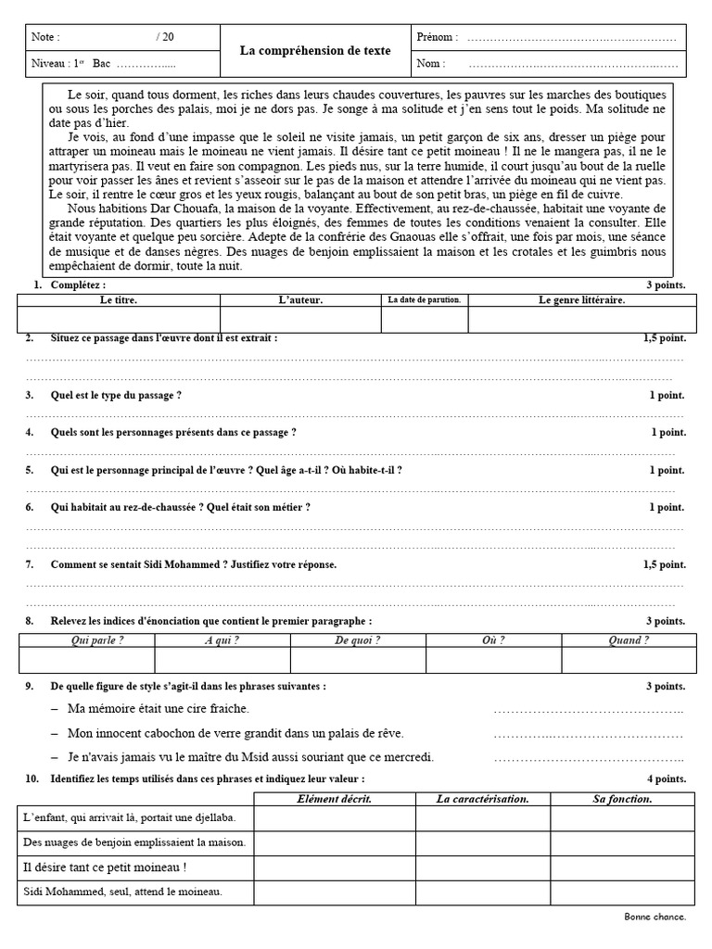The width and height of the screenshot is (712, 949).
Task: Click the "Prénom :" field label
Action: [437, 37]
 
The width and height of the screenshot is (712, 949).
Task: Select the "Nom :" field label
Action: [430, 64]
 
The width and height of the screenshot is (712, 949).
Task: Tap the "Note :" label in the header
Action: [45, 37]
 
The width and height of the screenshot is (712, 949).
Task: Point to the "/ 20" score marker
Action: [165, 37]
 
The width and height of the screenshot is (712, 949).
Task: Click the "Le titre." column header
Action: [119, 300]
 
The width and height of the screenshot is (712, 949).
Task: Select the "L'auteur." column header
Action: [300, 300]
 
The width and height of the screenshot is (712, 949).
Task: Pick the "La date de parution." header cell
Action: [425, 300]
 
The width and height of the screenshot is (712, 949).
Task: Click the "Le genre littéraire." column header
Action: [581, 300]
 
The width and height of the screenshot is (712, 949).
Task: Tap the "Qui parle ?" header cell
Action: [86, 640]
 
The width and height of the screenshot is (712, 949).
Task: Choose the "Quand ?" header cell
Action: [629, 640]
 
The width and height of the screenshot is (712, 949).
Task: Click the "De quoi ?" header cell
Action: [358, 640]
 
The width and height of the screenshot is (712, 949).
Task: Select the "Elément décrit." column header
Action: [335, 799]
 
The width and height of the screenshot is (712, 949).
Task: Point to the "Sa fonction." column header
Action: [622, 799]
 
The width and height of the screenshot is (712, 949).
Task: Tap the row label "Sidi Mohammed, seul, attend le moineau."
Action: [122, 892]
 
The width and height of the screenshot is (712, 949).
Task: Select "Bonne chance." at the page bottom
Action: [655, 917]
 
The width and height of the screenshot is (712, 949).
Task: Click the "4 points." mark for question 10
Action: [665, 779]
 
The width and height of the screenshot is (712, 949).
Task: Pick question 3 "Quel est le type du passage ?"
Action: [116, 396]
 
